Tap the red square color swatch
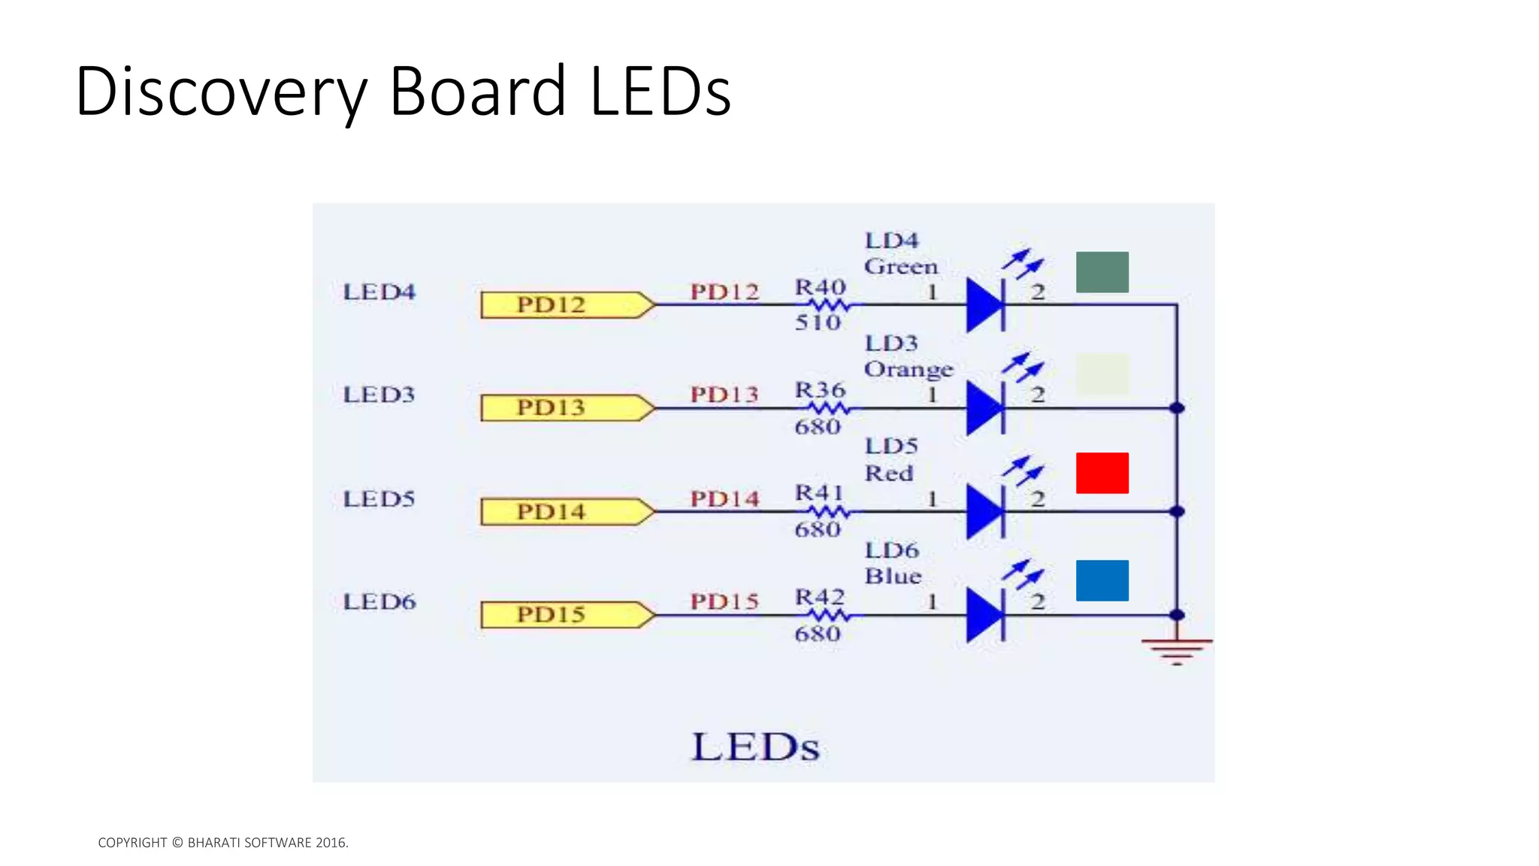pos(1102,473)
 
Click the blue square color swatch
pos(1102,580)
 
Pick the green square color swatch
pos(1102,272)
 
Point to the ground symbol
pos(1176,650)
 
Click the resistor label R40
pos(820,287)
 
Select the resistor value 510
pos(818,322)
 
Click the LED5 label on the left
pos(379,499)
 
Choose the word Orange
pos(908,370)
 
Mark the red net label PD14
pos(724,499)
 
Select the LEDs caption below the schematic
pos(755,747)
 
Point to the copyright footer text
pos(223,843)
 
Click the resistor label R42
pos(820,597)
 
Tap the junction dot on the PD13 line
pos(1177,408)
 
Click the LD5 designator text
pos(891,446)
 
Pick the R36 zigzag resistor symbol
pos(829,408)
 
